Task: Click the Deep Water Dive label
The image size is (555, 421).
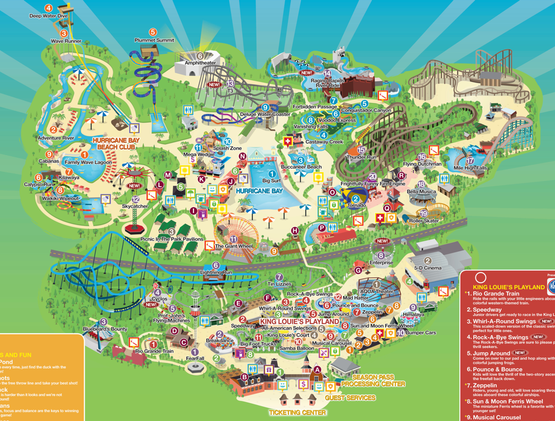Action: click(x=49, y=16)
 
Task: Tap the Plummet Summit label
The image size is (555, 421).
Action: click(x=154, y=40)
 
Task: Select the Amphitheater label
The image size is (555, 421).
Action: click(x=201, y=62)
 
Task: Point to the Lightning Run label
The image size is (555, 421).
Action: click(x=216, y=273)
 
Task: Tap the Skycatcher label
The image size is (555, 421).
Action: click(x=135, y=206)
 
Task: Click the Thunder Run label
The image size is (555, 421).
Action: click(x=362, y=157)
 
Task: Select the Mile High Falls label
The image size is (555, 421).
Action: click(x=470, y=168)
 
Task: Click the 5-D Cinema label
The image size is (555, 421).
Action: click(x=427, y=268)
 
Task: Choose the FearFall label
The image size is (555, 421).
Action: click(x=195, y=359)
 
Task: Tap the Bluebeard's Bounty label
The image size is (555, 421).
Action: click(x=105, y=329)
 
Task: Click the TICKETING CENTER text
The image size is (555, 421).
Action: click(x=297, y=413)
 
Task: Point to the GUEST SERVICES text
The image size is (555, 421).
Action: click(x=350, y=398)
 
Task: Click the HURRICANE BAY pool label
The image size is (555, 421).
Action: click(x=259, y=191)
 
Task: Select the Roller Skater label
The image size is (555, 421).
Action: click(x=424, y=221)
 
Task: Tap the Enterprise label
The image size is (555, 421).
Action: click(x=381, y=262)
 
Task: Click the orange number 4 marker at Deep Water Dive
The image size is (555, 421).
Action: click(x=49, y=8)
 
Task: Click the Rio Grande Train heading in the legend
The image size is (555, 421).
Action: click(x=496, y=293)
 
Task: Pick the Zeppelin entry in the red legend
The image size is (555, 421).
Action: click(x=488, y=385)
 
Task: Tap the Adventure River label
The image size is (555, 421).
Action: click(x=56, y=138)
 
